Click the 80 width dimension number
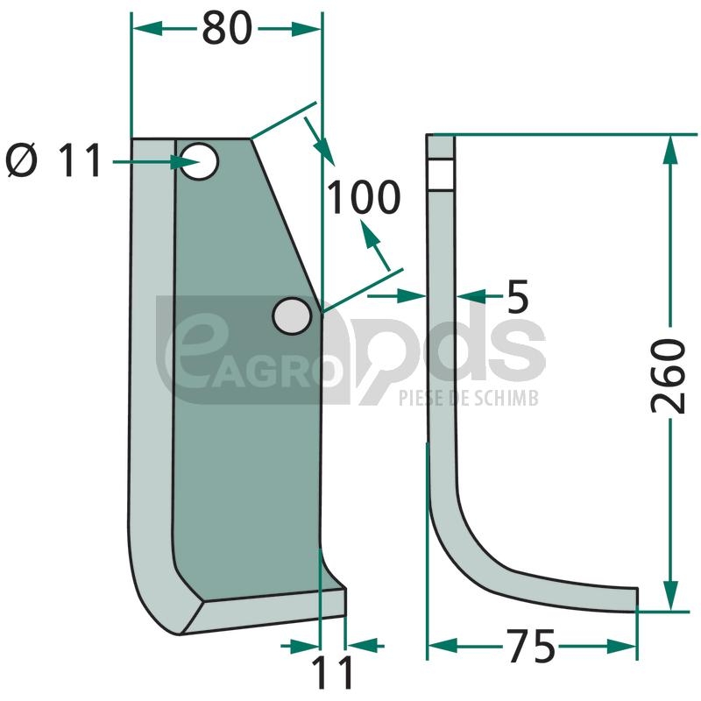point(227,29)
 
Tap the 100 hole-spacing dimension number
point(363,197)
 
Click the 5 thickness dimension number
point(518,296)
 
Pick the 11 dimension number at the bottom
point(333,672)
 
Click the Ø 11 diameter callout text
point(53,161)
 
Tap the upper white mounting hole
point(200,161)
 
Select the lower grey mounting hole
point(292,315)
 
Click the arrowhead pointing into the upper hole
point(184,162)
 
